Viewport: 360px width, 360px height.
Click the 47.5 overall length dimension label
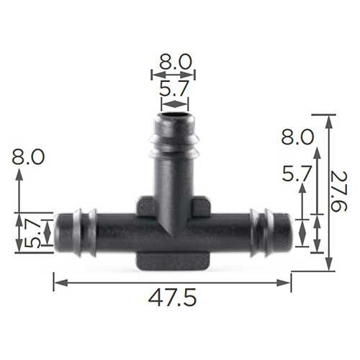[x=172, y=299]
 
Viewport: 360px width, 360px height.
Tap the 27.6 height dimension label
[x=338, y=192]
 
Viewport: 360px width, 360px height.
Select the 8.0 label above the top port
[x=176, y=62]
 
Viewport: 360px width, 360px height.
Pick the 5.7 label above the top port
[x=174, y=88]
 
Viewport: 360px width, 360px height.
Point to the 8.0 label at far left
[x=28, y=157]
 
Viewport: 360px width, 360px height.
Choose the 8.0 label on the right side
[x=297, y=137]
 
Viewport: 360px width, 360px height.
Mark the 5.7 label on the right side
[x=297, y=174]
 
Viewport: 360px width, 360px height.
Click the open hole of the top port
[x=174, y=113]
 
